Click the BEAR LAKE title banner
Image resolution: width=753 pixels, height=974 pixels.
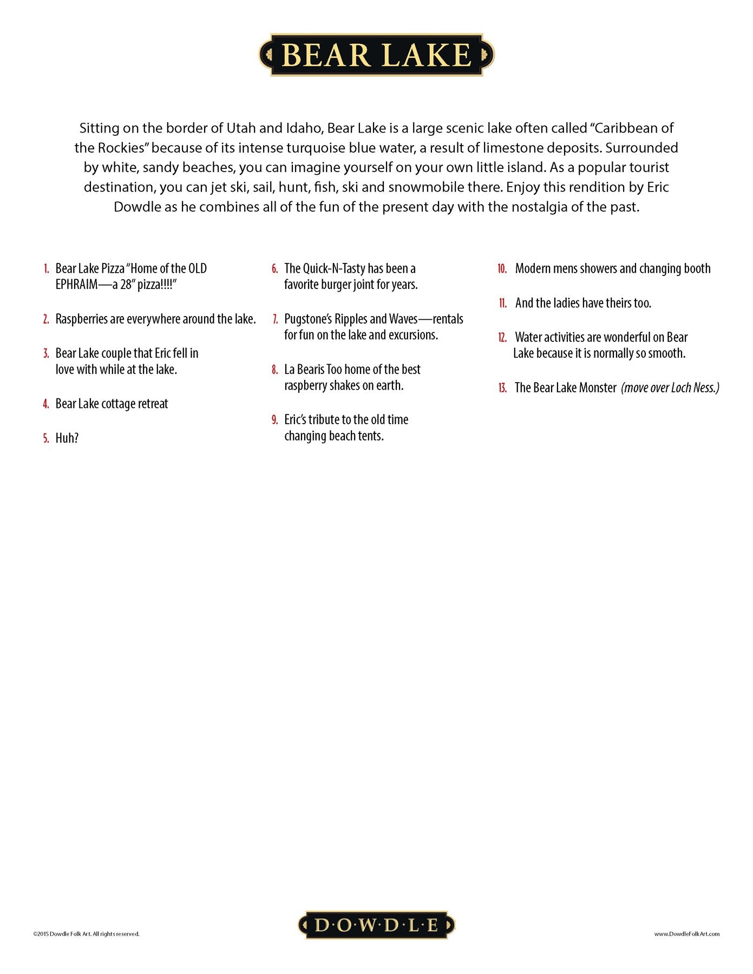click(x=377, y=55)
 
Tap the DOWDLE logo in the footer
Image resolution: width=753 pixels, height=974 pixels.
click(x=377, y=925)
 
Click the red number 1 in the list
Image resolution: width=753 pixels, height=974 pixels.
click(x=47, y=269)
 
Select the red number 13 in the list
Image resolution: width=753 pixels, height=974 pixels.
click(x=502, y=388)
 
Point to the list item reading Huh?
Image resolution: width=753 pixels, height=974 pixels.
click(x=67, y=438)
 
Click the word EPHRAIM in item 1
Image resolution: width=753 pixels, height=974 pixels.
click(x=76, y=285)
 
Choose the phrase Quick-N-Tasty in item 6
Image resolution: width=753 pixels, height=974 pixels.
click(x=334, y=269)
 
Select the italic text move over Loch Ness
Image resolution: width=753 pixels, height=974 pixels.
click(x=670, y=388)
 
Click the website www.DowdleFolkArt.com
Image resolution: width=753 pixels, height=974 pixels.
click(x=686, y=934)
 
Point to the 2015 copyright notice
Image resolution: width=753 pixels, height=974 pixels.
click(x=86, y=934)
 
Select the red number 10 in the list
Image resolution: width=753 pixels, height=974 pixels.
click(x=502, y=269)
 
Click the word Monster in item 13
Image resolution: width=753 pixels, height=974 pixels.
click(x=598, y=388)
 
